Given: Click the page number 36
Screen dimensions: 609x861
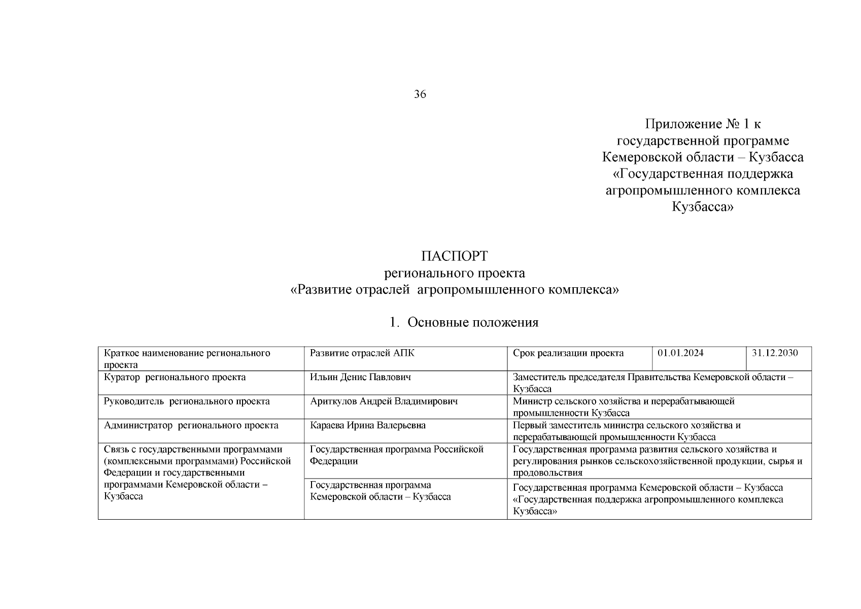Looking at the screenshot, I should click(x=420, y=94).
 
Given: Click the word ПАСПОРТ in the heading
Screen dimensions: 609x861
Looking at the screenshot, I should click(x=454, y=256).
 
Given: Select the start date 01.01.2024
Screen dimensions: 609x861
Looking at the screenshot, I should click(x=680, y=353).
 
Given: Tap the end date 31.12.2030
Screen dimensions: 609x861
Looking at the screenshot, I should click(x=774, y=353).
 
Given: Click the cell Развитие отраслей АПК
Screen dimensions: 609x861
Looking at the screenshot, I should click(x=362, y=353).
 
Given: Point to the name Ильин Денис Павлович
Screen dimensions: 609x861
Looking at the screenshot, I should click(x=360, y=377).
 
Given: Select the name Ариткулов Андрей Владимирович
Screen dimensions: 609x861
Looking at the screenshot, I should click(x=384, y=401).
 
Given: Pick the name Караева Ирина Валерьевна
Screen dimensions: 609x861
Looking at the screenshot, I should click(x=367, y=425).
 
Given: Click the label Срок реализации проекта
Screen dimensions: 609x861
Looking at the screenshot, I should click(x=568, y=353).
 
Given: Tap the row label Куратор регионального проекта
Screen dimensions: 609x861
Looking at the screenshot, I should click(x=175, y=377).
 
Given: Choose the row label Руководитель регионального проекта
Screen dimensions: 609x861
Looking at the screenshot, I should click(x=187, y=401).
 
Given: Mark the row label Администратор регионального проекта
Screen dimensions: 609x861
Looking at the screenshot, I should click(x=191, y=425).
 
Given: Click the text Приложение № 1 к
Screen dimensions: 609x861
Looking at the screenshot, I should click(x=703, y=124).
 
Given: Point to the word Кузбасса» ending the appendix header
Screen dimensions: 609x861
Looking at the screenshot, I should click(x=703, y=207).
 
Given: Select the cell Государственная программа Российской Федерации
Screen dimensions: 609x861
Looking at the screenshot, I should click(x=396, y=455).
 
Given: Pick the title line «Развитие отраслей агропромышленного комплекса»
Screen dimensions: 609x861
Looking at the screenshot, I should click(x=454, y=290).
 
